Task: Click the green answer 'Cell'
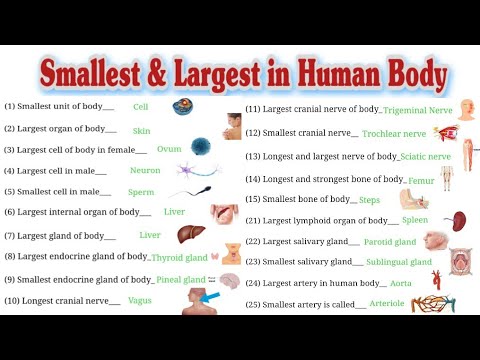point(140,105)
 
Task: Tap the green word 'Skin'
point(141,130)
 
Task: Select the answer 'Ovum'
point(169,149)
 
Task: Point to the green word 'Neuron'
point(144,170)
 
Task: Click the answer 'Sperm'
point(141,191)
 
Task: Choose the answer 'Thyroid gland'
point(180,257)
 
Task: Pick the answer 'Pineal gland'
point(180,279)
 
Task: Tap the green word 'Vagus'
point(140,300)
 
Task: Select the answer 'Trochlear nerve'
point(393,133)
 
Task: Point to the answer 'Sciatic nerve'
point(424,157)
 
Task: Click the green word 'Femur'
point(421,181)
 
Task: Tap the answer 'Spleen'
point(415,220)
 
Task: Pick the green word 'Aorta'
point(400,283)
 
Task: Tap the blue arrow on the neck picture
point(212,296)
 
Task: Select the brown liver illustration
point(191,235)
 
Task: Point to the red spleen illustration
point(455,221)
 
